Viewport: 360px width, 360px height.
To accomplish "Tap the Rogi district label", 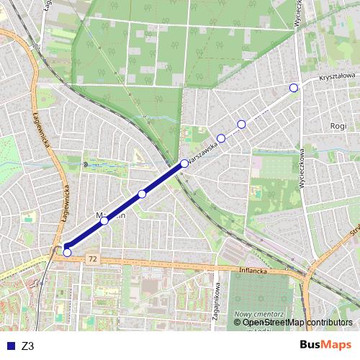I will [x=338, y=125].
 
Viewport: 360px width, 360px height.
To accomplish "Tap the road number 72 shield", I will [x=91, y=257].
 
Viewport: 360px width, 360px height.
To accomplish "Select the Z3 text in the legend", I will [x=28, y=346].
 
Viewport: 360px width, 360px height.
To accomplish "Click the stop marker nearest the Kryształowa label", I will [x=293, y=88].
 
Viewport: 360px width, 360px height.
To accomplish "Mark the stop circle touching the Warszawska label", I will [x=184, y=163].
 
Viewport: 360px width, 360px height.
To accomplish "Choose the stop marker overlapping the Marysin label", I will [x=104, y=220].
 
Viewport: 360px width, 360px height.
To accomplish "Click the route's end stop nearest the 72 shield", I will [x=67, y=252].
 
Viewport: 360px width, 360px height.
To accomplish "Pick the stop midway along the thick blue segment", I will [x=142, y=194].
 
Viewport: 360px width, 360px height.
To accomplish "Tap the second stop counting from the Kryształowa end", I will [x=241, y=124].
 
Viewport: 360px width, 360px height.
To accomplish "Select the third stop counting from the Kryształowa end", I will [x=221, y=138].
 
